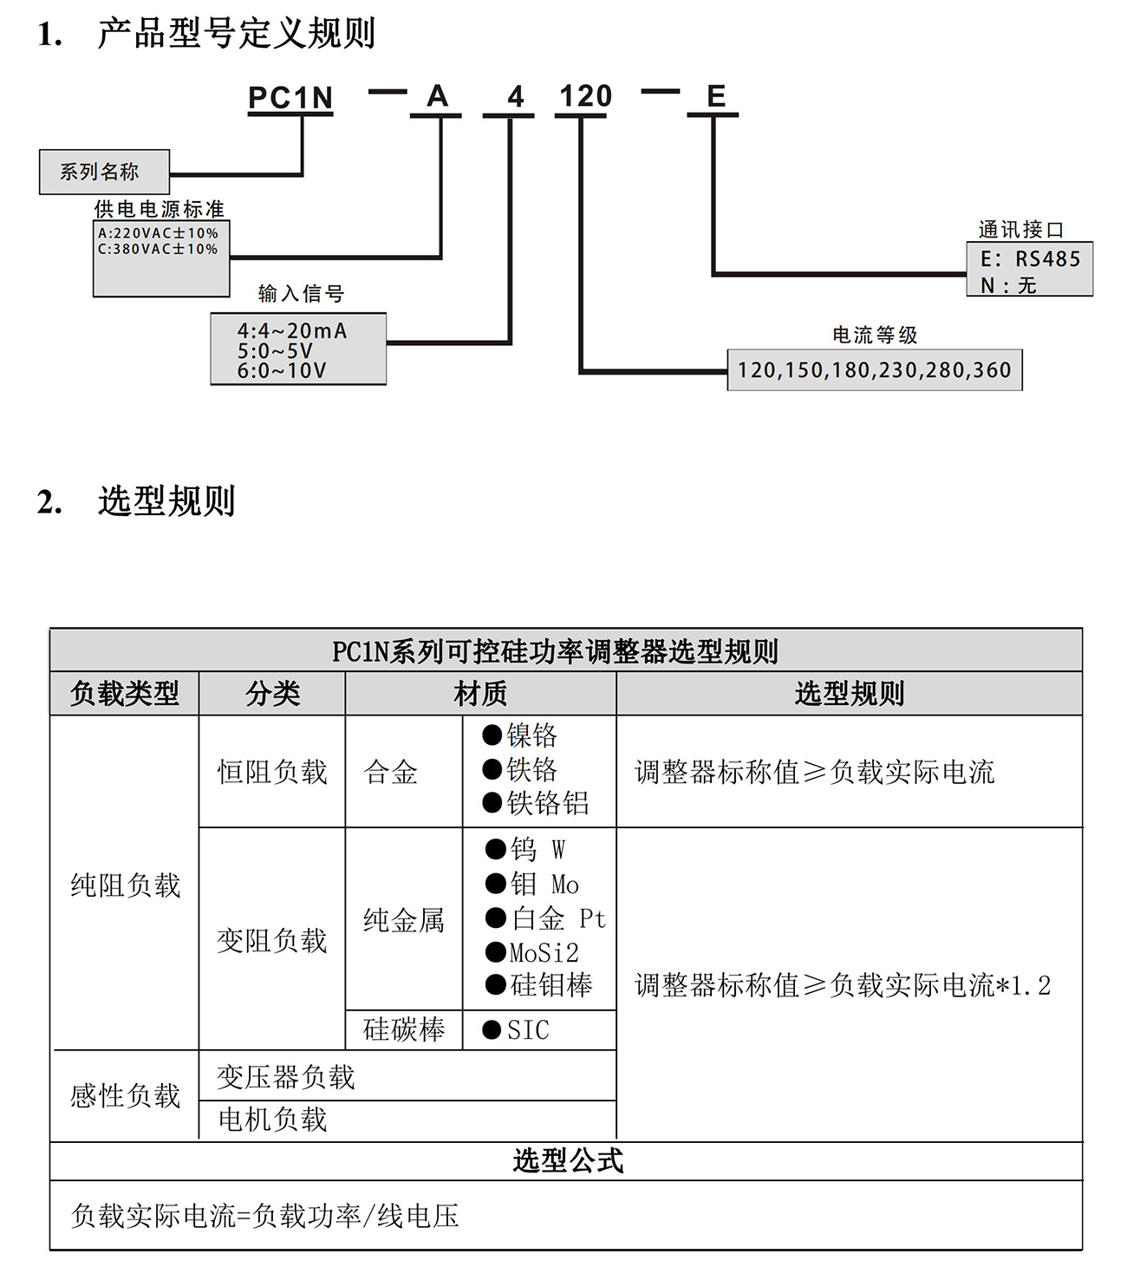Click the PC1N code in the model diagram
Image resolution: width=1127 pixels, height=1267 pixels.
click(x=290, y=98)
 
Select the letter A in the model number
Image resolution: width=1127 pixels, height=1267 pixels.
click(x=438, y=96)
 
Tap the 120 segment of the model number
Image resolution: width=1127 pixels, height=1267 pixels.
click(x=585, y=96)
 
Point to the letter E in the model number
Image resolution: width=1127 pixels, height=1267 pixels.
click(x=715, y=96)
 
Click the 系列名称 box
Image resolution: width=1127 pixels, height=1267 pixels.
click(x=104, y=172)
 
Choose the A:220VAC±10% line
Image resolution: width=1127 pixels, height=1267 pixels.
click(x=158, y=233)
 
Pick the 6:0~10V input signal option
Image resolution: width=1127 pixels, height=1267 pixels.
click(x=282, y=371)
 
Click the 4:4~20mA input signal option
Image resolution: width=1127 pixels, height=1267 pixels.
click(x=291, y=330)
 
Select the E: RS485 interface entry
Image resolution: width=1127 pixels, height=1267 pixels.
click(x=1030, y=258)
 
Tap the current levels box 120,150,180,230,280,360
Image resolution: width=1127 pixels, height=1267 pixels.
click(x=874, y=370)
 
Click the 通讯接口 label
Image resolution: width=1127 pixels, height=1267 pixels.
click(x=1020, y=230)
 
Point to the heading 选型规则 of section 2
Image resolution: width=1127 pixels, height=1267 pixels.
click(x=166, y=501)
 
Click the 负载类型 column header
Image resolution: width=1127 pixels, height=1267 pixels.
click(x=125, y=694)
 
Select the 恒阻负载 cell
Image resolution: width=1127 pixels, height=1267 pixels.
click(x=272, y=772)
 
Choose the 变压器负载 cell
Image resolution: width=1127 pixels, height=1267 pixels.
click(x=286, y=1077)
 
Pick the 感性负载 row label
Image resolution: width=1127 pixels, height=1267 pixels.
click(x=125, y=1096)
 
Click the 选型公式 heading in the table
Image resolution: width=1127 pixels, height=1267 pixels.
click(x=567, y=1160)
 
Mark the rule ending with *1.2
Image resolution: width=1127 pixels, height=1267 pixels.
click(x=842, y=985)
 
